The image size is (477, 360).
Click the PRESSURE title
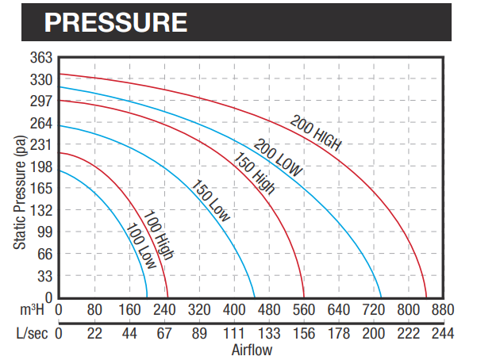click(x=116, y=21)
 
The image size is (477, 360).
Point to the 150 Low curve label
click(x=210, y=201)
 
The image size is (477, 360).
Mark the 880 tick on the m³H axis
click(x=441, y=309)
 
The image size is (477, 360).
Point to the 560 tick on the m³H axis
click(x=302, y=309)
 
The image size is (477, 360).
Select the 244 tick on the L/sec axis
click(x=441, y=333)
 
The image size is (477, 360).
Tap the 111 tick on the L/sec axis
click(x=232, y=333)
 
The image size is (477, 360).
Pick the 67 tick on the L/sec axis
click(x=163, y=333)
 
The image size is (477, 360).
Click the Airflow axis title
click(x=252, y=349)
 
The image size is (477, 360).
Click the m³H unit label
click(x=39, y=309)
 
